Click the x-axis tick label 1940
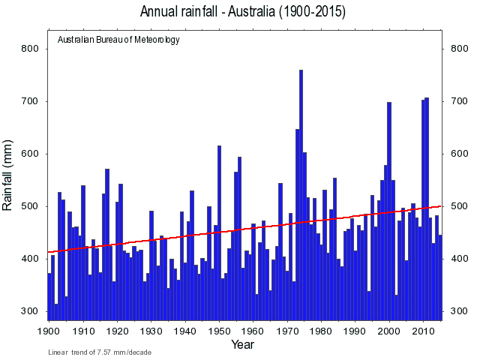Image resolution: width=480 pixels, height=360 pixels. [x=185, y=330]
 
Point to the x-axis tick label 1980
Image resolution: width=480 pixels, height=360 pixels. [x=321, y=330]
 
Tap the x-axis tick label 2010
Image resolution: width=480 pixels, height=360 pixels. [x=424, y=330]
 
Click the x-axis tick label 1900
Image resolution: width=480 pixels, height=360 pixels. [x=49, y=330]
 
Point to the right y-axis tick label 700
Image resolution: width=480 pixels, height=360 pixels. [x=459, y=101]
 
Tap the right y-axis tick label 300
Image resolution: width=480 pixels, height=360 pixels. [x=459, y=311]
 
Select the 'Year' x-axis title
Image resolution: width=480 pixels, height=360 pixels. [x=243, y=345]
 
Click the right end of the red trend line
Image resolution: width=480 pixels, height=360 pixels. [x=440, y=205]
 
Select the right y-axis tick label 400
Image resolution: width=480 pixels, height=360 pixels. [x=459, y=259]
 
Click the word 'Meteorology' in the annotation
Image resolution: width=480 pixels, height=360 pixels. [x=157, y=40]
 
